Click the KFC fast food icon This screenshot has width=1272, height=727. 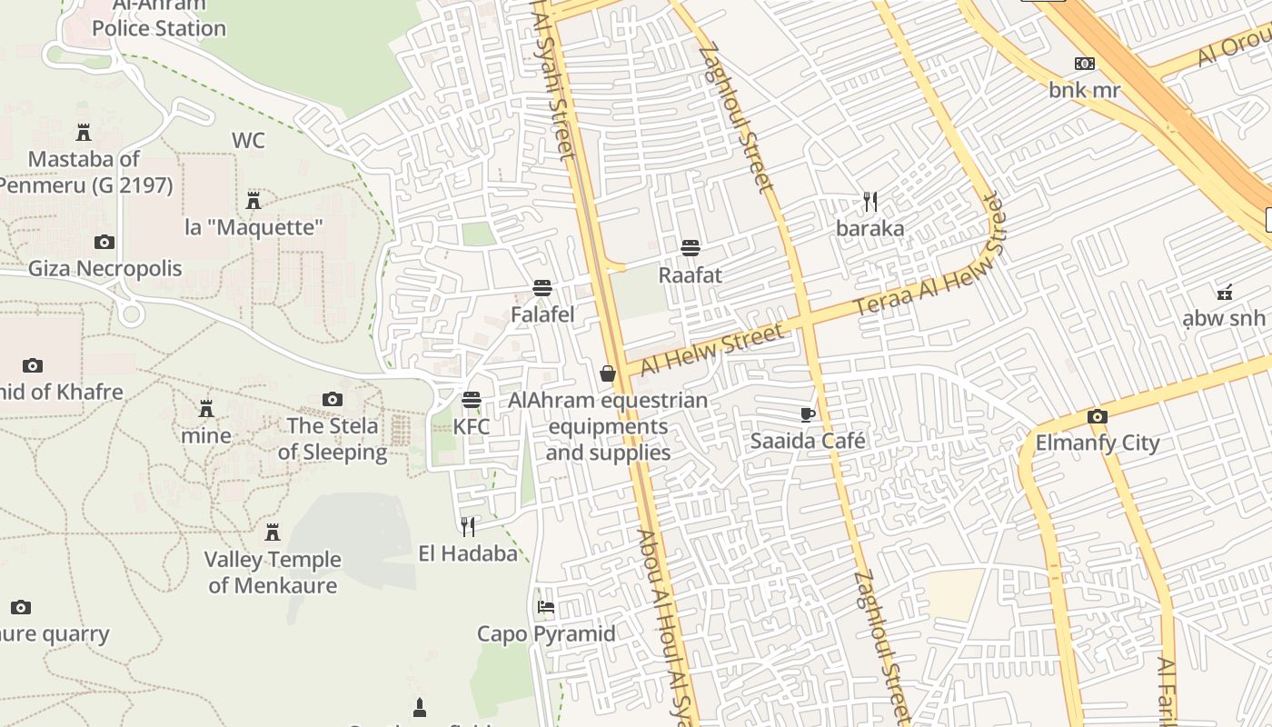pyautogui.click(x=471, y=400)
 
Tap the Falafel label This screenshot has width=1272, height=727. pyautogui.click(x=542, y=314)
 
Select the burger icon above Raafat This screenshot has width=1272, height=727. pyautogui.click(x=691, y=248)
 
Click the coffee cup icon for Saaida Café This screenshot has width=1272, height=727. pyautogui.click(x=807, y=415)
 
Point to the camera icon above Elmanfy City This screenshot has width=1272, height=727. pyautogui.click(x=1098, y=417)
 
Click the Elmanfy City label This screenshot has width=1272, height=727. pyautogui.click(x=1098, y=443)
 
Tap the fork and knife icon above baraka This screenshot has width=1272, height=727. pyautogui.click(x=870, y=202)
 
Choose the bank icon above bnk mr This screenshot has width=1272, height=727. pyautogui.click(x=1085, y=64)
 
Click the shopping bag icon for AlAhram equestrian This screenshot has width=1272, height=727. pyautogui.click(x=608, y=373)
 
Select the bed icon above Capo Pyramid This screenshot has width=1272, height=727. pyautogui.click(x=546, y=606)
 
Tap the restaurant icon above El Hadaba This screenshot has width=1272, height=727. pyautogui.click(x=468, y=526)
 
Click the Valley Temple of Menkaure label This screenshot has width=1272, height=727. pyautogui.click(x=273, y=573)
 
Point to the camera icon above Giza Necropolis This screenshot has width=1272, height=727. pyautogui.click(x=104, y=242)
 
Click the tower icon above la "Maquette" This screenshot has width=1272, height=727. pyautogui.click(x=253, y=200)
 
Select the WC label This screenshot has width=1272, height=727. pyautogui.click(x=248, y=141)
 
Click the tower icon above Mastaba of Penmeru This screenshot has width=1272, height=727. pyautogui.click(x=84, y=133)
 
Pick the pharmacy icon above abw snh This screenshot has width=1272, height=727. pyautogui.click(x=1224, y=292)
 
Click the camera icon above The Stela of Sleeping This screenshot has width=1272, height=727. pyautogui.click(x=333, y=399)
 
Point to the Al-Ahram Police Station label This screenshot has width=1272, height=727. pyautogui.click(x=158, y=18)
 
